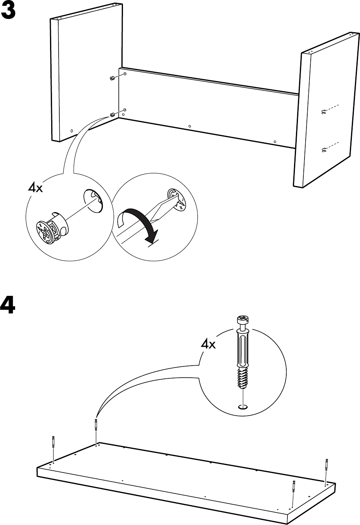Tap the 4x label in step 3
[x=35, y=188]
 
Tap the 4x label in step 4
[x=208, y=344]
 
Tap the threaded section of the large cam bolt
[x=242, y=378]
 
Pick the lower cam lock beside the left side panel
[x=112, y=114]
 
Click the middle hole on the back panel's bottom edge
[x=189, y=126]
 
